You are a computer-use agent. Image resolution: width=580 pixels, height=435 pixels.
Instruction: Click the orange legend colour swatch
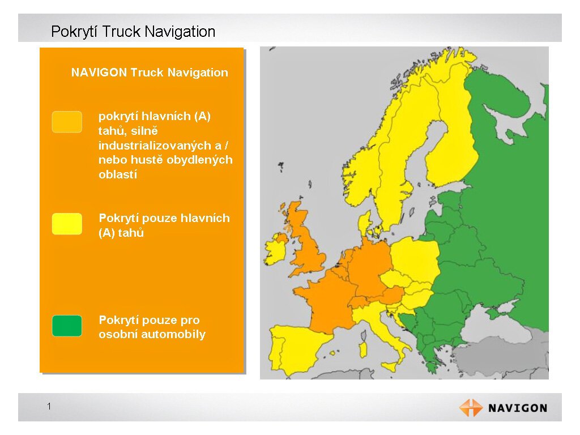coord(67,122)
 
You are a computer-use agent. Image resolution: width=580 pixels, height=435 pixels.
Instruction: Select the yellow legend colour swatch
coord(67,224)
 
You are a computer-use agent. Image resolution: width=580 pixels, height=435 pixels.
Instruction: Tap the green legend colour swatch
coord(67,326)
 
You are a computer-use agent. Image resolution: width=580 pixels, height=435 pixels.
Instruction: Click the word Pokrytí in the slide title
coord(75,32)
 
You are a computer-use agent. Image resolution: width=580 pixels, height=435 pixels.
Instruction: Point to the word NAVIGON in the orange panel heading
coord(99,72)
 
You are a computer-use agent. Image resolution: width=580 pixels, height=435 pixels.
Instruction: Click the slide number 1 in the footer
coord(49,407)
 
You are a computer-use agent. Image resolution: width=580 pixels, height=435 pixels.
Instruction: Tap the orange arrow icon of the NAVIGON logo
coord(471,408)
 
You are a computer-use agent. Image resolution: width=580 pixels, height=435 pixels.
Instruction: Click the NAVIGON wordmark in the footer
coord(518,408)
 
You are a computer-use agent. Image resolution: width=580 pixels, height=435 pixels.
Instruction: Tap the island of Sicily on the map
coord(390,367)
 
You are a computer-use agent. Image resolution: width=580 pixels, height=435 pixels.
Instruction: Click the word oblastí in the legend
coord(118,174)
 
